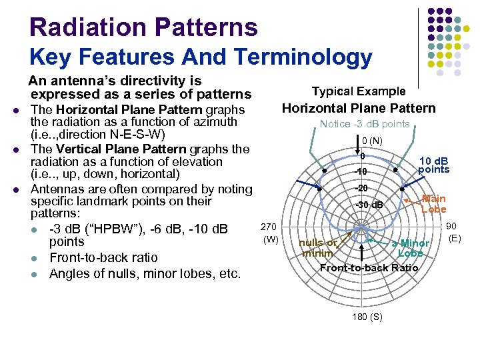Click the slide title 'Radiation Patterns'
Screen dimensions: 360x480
[x=143, y=27]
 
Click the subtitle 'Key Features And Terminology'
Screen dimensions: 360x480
[x=201, y=57]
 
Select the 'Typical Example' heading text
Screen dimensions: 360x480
[x=359, y=91]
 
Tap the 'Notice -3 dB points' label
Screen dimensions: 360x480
[x=365, y=124]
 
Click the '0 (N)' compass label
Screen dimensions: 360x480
[x=372, y=141]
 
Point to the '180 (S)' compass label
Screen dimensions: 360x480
[x=367, y=317]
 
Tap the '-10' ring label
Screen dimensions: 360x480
[x=360, y=172]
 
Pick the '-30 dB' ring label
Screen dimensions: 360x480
[x=370, y=205]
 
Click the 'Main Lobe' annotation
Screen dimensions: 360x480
[x=433, y=204]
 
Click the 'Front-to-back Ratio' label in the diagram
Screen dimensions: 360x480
[x=369, y=268]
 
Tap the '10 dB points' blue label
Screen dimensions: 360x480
[x=433, y=165]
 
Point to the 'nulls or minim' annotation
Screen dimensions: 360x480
[x=317, y=248]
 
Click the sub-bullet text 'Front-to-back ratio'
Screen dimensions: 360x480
[x=103, y=257]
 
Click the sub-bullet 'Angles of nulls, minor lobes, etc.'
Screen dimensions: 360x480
[x=145, y=273]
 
